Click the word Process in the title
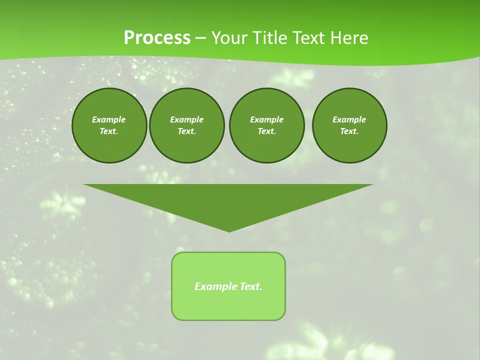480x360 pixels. click(x=157, y=38)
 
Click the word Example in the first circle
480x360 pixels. click(x=109, y=119)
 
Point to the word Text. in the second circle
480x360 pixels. click(x=186, y=131)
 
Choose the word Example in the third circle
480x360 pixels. click(x=266, y=119)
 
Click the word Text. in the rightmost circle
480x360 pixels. click(x=349, y=131)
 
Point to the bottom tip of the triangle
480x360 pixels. click(x=229, y=230)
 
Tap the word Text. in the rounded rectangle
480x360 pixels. click(x=251, y=286)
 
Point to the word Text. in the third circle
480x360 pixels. click(x=266, y=131)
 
